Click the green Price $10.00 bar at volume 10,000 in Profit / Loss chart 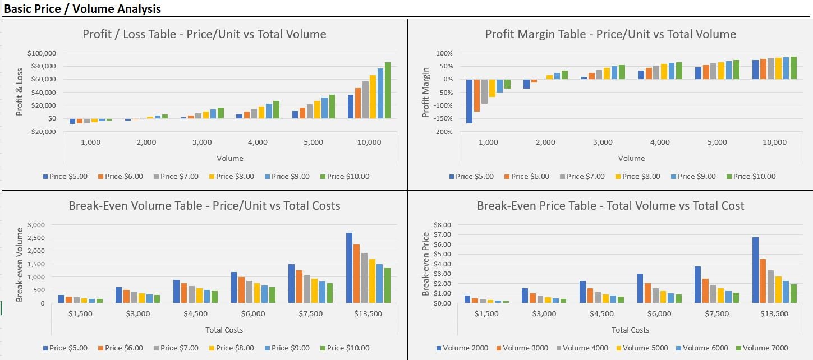(387, 90)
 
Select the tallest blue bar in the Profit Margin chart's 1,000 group (469, 101)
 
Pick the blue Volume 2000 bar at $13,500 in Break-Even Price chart (755, 270)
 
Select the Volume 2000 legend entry (463, 348)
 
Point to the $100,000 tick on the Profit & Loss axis (42, 53)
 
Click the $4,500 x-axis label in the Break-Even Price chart (601, 313)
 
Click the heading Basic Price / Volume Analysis (82, 9)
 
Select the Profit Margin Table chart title (610, 34)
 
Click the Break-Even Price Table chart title (610, 206)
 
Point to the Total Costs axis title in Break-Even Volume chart (224, 330)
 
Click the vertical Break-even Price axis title (425, 264)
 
